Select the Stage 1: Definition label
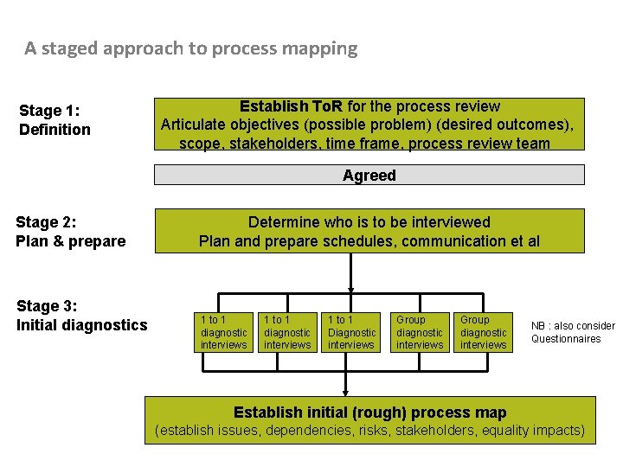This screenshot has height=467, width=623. [55, 120]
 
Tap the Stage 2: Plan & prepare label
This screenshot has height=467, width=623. [70, 232]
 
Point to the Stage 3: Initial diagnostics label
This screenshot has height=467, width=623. [81, 316]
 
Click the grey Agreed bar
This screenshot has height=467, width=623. [369, 176]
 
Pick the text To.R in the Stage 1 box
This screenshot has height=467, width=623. [324, 107]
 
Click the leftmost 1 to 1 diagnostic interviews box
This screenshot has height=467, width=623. [223, 332]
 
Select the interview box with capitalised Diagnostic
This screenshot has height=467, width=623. [351, 332]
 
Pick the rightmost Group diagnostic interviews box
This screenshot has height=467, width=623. [483, 332]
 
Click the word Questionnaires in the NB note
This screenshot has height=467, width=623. [566, 339]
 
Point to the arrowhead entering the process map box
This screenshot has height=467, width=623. [346, 392]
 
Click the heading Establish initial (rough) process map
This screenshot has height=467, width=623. [370, 413]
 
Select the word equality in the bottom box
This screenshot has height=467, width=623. [506, 430]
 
